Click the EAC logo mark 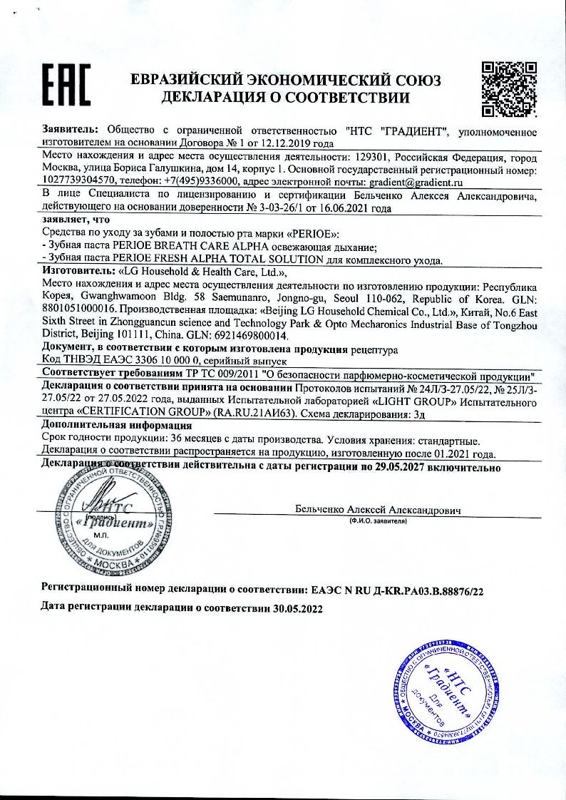[x=65, y=88]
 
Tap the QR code [x=509, y=88]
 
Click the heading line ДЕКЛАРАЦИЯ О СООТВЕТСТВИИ [x=285, y=98]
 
